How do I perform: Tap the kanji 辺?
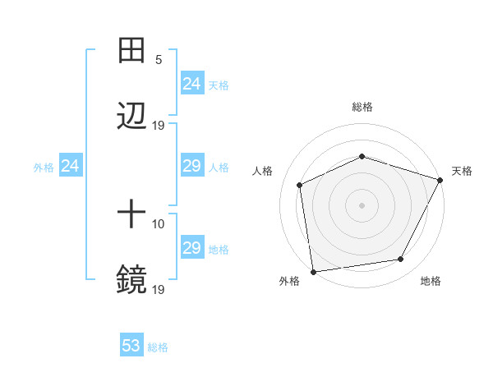(x=131, y=116)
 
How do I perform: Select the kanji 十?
(x=131, y=215)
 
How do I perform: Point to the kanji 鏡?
(x=131, y=279)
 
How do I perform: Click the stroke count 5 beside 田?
(x=159, y=60)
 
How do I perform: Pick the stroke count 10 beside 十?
(x=159, y=224)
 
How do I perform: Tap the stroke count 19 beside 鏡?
(x=159, y=289)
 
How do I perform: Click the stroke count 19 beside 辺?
(x=159, y=126)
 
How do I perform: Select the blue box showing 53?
(x=131, y=346)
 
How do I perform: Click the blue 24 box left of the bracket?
(x=71, y=166)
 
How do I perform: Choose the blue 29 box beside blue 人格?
(x=191, y=166)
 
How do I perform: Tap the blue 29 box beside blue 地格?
(x=191, y=248)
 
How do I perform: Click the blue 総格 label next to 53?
(x=158, y=347)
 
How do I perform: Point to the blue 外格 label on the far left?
(x=44, y=167)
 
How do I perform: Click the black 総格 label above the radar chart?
(x=362, y=107)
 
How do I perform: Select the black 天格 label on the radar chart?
(x=462, y=171)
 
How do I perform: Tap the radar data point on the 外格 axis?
(x=313, y=271)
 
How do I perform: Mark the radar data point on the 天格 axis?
(x=440, y=180)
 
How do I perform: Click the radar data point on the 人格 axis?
(x=300, y=185)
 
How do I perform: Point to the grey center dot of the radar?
(x=362, y=204)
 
